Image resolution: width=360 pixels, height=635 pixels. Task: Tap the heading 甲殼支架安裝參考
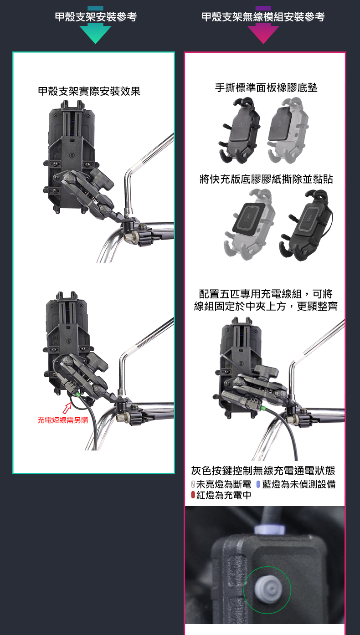coord(96,17)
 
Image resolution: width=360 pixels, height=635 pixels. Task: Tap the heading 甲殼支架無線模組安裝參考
coord(263,17)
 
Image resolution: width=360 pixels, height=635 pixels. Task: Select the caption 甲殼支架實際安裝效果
coord(89,91)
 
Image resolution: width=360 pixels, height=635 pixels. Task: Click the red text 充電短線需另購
coord(63,420)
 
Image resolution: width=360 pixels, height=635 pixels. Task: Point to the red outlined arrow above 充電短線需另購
coord(67,408)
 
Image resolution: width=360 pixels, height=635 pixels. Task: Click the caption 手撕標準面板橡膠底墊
coord(266,88)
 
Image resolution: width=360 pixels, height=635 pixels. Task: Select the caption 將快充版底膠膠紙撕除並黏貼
coord(266,179)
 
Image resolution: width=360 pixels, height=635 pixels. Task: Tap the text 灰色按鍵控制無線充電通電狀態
coord(263,471)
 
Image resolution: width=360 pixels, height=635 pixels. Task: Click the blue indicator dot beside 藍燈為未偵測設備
coord(258,484)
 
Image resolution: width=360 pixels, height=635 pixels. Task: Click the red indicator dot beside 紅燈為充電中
coord(193,495)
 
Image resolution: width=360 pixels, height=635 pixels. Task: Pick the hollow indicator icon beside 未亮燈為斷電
coord(193,484)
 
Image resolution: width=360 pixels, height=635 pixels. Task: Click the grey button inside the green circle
coord(267,589)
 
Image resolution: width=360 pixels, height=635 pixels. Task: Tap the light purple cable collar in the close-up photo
coord(269,529)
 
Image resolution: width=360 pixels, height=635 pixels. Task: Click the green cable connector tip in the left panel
coord(78,394)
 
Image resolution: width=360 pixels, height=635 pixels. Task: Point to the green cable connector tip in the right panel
coord(263,409)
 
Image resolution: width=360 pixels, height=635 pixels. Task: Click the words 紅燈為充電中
coord(224,495)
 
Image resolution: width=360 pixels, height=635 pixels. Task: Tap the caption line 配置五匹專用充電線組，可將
coord(266,294)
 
